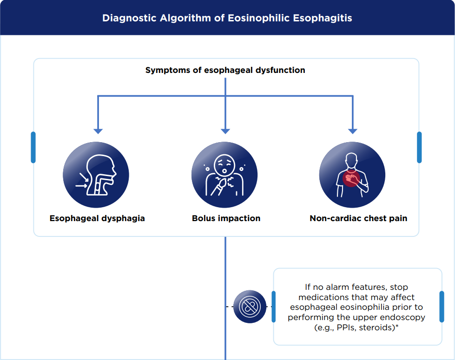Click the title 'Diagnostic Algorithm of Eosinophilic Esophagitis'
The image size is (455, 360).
(227, 18)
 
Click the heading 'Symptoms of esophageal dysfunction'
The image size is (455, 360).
(225, 70)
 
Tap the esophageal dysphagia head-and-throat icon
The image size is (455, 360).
(96, 175)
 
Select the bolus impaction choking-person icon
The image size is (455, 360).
(225, 175)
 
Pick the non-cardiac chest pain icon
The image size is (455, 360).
(353, 175)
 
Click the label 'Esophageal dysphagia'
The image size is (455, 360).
(97, 218)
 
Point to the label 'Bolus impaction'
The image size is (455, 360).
(226, 218)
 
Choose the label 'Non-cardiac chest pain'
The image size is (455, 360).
(358, 218)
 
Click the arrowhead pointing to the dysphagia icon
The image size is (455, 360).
(98, 131)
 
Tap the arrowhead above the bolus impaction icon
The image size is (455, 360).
(225, 131)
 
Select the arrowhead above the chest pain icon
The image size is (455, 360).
(353, 131)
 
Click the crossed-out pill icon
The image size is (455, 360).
(250, 307)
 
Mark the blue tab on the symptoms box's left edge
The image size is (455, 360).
(33, 147)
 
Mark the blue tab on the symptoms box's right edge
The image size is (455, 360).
(419, 147)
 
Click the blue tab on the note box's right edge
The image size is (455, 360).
(442, 307)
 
